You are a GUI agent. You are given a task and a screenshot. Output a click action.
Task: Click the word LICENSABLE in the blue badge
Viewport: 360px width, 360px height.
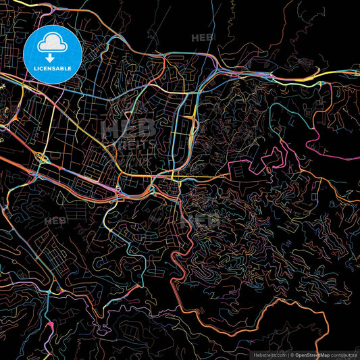pos(53,69)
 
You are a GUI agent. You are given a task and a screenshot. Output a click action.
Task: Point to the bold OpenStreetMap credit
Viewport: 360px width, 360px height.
pos(311,355)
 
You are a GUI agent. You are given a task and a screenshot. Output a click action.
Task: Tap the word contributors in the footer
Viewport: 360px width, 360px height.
pos(344,355)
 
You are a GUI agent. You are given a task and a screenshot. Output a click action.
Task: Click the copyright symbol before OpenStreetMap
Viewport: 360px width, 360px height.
pos(291,355)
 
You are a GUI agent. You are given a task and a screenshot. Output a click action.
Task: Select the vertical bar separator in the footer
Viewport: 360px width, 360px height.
pos(286,355)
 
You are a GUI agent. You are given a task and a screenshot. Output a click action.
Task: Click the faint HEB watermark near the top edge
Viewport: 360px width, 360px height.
pos(202,38)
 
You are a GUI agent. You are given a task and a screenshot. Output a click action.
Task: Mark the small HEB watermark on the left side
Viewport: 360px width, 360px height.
pos(55,220)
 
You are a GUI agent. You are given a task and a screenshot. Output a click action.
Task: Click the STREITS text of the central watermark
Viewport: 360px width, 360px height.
pos(136,144)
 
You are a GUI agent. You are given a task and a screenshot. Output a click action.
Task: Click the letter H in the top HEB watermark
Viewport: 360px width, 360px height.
pos(195,38)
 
